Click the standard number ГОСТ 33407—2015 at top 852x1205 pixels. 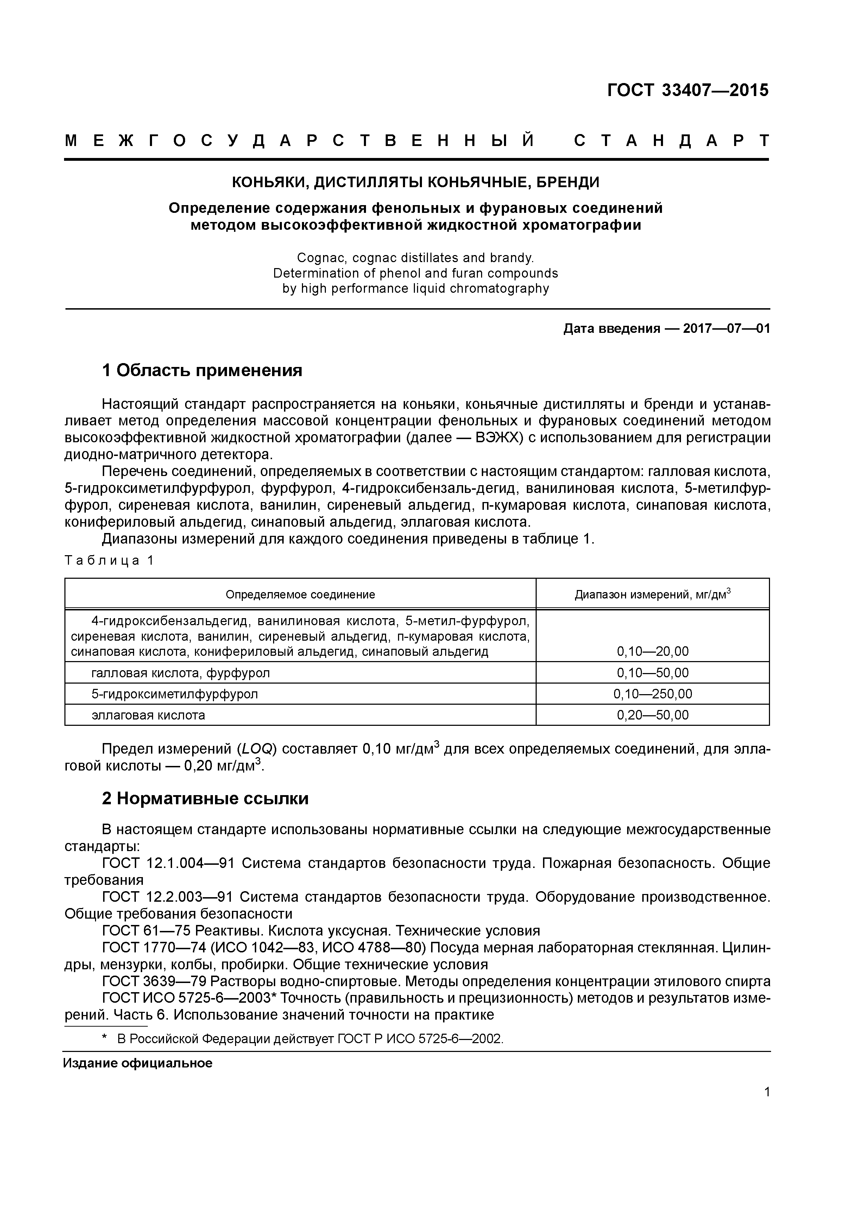tap(687, 90)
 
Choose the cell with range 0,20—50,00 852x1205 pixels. tap(652, 715)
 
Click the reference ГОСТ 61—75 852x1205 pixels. tap(146, 931)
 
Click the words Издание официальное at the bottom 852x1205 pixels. tap(138, 1063)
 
